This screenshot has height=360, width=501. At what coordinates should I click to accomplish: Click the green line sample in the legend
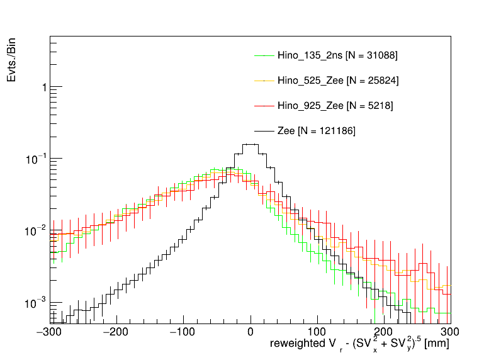point(264,55)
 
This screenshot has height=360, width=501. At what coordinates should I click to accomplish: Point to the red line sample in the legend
point(264,106)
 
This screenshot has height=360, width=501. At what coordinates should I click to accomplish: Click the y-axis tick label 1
point(43,87)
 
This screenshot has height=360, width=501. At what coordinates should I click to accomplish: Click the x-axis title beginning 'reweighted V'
point(359,345)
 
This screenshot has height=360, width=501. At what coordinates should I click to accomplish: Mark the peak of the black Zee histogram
point(250,144)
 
